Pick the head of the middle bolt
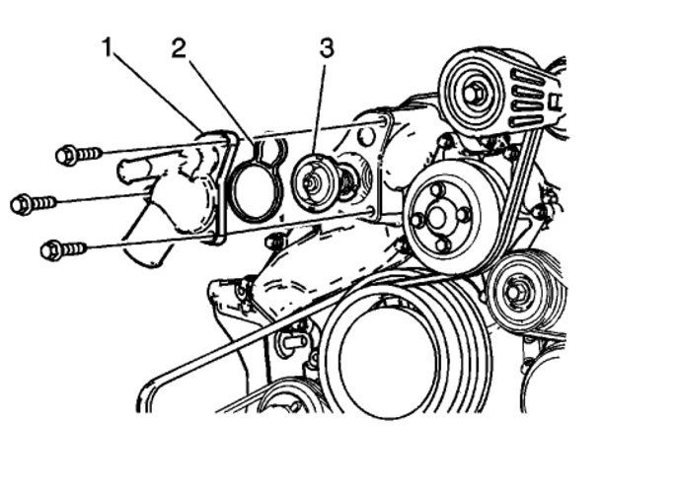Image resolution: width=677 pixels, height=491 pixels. pyautogui.click(x=22, y=205)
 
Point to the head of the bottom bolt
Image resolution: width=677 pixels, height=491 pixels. pyautogui.click(x=50, y=250)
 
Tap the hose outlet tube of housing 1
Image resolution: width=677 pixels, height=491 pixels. pyautogui.click(x=133, y=171)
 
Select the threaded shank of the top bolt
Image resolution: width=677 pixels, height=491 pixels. pyautogui.click(x=90, y=153)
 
